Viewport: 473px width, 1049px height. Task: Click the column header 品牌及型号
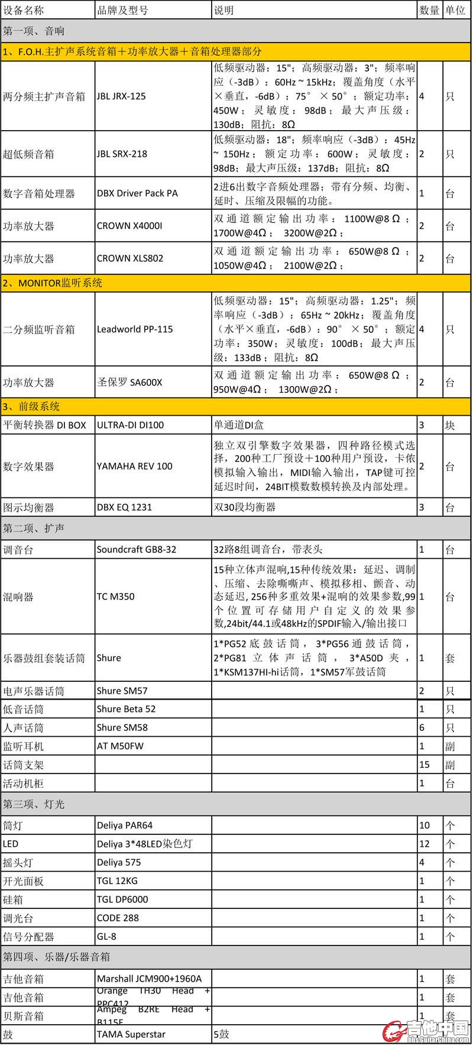click(x=122, y=10)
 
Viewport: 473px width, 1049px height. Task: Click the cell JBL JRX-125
click(x=121, y=96)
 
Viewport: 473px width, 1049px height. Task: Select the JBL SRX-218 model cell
click(x=122, y=154)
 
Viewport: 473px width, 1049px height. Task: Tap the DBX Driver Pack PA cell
click(x=137, y=193)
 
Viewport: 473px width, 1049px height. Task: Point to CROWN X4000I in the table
click(x=129, y=225)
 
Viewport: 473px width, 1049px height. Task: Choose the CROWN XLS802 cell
click(x=130, y=258)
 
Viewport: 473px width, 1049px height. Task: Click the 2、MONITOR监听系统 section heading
click(x=52, y=283)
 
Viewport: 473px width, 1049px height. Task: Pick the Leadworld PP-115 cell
click(x=135, y=329)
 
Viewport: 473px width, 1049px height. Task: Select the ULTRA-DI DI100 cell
click(x=130, y=425)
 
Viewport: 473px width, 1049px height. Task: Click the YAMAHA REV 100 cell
click(x=135, y=466)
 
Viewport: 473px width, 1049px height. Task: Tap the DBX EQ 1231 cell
click(x=124, y=507)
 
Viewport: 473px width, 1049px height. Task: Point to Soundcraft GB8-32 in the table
click(x=137, y=549)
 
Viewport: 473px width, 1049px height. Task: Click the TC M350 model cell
click(x=116, y=596)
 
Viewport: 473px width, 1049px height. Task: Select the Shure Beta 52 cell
click(x=126, y=708)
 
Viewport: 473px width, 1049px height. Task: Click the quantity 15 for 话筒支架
click(x=425, y=765)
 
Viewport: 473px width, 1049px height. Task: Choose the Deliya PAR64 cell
click(x=125, y=825)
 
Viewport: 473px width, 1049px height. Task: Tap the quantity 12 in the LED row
click(x=424, y=843)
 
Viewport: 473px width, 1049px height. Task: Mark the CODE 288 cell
click(x=118, y=918)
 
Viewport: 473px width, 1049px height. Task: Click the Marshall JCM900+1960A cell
click(x=149, y=979)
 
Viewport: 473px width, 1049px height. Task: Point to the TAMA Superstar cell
click(x=131, y=1034)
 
